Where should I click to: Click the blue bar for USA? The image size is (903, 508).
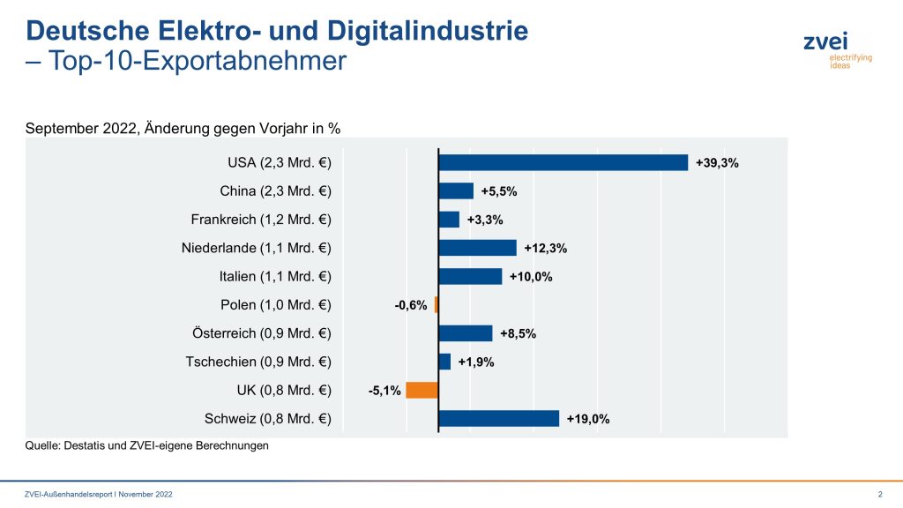pos(563,162)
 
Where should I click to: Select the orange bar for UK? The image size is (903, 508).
pos(422,390)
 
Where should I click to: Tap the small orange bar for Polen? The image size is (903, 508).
pos(437,305)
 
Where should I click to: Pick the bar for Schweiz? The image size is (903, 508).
pos(498,418)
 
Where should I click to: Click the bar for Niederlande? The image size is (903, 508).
pos(477,248)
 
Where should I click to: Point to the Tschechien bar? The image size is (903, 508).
pos(444,362)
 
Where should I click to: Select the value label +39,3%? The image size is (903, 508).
pos(717,163)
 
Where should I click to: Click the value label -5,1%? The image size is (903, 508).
pos(384,391)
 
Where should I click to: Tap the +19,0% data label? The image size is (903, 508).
pos(588,419)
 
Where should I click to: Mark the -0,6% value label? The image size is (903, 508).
pos(411,305)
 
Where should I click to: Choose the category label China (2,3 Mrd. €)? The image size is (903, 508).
pos(275,191)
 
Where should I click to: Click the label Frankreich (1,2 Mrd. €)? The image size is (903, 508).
pos(261,220)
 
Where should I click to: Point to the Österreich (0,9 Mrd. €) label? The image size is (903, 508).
pos(261,333)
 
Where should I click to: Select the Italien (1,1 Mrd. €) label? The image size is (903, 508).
pos(275,276)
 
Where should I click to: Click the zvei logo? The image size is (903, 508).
pos(825,49)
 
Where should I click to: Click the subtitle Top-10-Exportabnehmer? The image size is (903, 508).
pos(195,61)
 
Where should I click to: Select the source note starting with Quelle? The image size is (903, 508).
pos(146,446)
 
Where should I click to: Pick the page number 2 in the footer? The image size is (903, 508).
pos(880,494)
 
